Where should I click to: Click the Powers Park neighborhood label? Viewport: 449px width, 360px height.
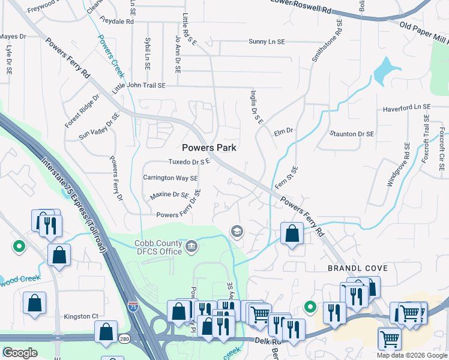209,148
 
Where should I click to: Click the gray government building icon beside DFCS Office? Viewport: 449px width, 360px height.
191,245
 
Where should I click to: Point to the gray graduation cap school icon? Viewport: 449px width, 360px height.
237,232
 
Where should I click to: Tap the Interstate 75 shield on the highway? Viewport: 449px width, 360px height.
132,306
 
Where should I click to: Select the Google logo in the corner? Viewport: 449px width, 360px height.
20,353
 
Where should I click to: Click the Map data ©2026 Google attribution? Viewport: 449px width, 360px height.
412,355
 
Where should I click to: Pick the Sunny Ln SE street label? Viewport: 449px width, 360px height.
274,42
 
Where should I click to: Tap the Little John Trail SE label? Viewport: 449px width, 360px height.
139,86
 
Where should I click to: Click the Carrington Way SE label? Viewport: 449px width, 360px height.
170,178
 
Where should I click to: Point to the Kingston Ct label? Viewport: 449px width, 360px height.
81,316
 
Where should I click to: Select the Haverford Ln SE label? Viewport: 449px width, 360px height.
407,106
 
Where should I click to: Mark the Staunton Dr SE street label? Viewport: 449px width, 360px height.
352,133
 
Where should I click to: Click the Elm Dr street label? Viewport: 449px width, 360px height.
283,130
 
